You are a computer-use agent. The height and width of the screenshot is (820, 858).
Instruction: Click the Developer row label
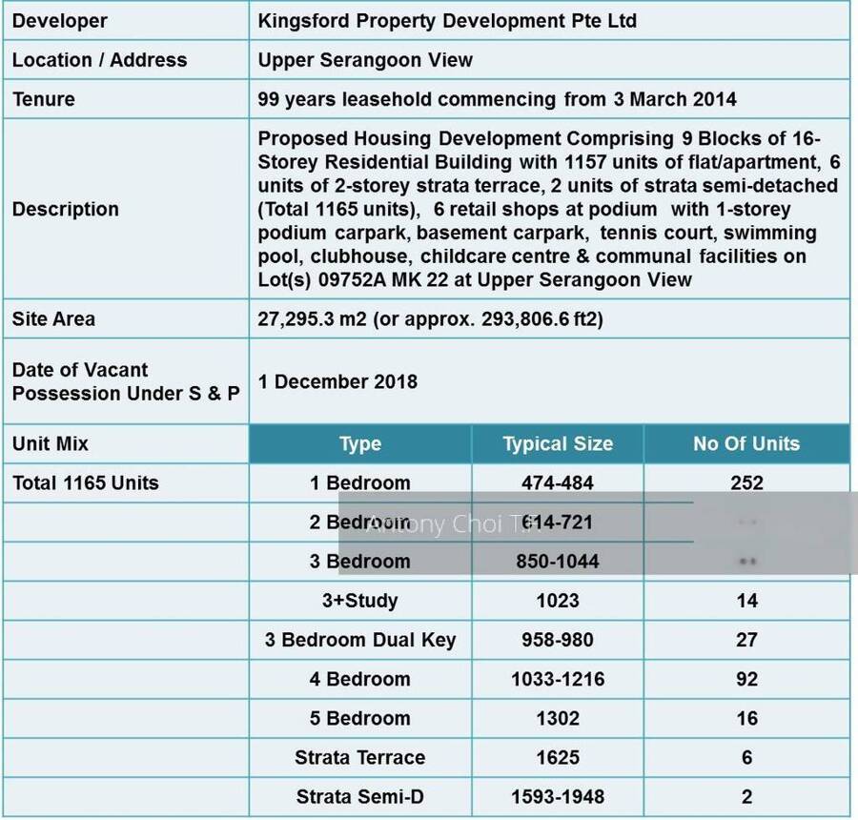[59, 21]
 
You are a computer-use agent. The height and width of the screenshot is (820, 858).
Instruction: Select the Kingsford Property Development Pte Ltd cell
[447, 21]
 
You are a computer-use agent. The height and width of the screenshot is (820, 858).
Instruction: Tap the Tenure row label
[43, 99]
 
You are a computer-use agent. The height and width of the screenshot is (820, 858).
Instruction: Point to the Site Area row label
[53, 318]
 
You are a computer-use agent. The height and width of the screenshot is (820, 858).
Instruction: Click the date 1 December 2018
[337, 381]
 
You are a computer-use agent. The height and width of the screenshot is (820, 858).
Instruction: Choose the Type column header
[360, 444]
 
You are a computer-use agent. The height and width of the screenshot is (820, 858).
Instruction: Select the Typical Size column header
[558, 444]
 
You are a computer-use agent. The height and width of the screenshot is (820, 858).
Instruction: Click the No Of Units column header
[746, 444]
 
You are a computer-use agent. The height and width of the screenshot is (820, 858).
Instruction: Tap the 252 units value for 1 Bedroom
[746, 483]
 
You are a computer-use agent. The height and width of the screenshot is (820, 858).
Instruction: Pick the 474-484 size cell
[558, 483]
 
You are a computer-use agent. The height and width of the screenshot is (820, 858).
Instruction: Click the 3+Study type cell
[360, 601]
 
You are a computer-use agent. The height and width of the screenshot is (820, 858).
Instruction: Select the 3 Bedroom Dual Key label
[360, 640]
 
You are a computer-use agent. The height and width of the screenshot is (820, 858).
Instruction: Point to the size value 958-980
[558, 640]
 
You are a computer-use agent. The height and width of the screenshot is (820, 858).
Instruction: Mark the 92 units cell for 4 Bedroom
[746, 679]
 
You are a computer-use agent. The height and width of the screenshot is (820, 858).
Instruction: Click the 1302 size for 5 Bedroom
[558, 718]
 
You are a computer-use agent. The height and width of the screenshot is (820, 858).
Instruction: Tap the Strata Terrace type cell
[360, 757]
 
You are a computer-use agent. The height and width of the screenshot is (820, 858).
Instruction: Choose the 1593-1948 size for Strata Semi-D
[558, 796]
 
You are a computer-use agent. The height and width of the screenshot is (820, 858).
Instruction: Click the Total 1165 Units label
[86, 483]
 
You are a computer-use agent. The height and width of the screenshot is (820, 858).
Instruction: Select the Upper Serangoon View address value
[365, 60]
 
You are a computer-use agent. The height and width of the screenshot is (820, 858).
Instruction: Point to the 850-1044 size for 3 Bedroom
[558, 562]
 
